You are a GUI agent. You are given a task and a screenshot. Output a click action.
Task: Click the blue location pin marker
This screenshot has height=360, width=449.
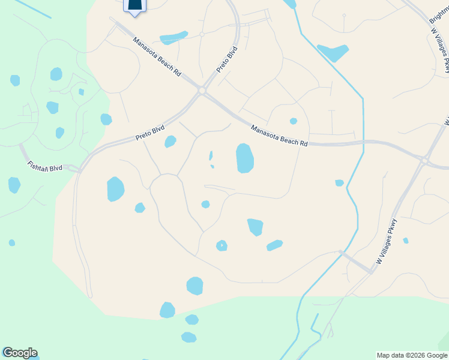[x=135, y=5]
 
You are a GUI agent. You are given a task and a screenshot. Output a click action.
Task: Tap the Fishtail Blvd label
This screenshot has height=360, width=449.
[x=45, y=166]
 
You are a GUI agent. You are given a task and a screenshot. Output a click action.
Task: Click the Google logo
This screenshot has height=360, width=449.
[x=20, y=353]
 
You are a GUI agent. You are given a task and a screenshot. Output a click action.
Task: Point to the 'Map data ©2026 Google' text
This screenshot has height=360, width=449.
[x=412, y=355]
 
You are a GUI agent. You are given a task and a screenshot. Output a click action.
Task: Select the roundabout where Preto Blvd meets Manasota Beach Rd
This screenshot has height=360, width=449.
[x=202, y=91]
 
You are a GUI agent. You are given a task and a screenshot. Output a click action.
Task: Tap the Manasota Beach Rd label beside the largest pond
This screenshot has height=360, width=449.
[x=279, y=136]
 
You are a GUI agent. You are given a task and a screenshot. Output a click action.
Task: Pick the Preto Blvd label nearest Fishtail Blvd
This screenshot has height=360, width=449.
[x=150, y=132]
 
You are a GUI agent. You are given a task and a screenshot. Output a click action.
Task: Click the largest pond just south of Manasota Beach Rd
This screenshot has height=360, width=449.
[x=245, y=158]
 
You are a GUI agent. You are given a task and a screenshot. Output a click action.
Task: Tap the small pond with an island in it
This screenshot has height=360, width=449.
[x=221, y=245]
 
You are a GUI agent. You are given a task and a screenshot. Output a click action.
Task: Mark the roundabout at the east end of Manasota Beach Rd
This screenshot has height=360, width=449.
[x=424, y=161]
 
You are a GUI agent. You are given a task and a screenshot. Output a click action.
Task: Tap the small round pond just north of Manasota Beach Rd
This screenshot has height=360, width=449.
[x=294, y=121]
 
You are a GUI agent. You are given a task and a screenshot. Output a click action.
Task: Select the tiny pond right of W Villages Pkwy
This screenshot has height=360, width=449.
[x=406, y=241]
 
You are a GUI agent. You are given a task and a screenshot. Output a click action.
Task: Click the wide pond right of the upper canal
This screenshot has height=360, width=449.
[x=333, y=53]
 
